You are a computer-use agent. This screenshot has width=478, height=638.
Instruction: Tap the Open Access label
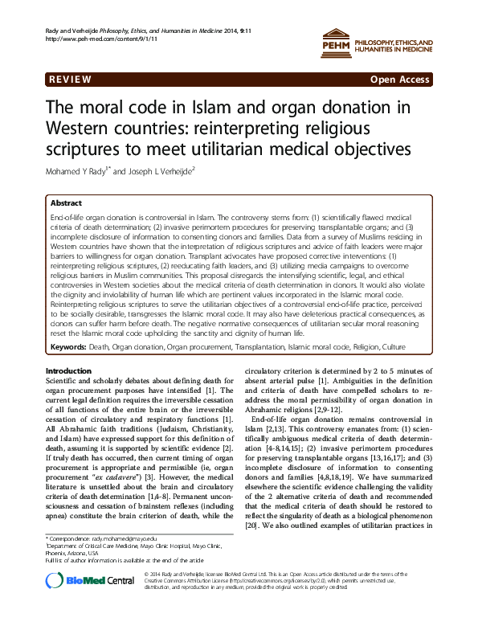pos(401,81)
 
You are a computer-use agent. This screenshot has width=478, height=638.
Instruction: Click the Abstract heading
pos(66,203)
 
